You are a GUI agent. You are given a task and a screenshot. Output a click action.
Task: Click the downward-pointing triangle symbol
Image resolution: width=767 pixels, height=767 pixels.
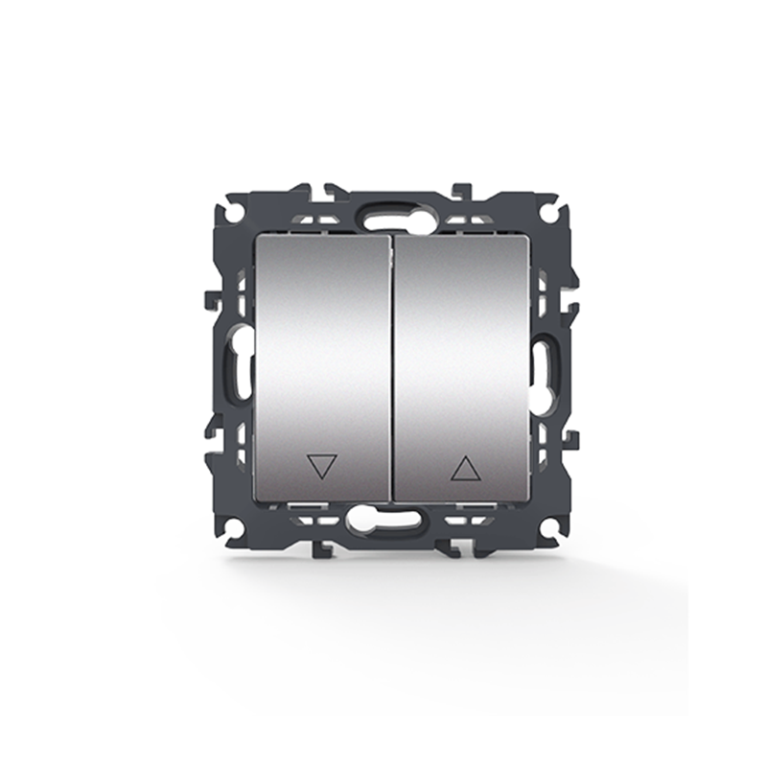[321, 467]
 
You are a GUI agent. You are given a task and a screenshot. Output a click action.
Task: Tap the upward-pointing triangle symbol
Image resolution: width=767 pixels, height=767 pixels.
[465, 468]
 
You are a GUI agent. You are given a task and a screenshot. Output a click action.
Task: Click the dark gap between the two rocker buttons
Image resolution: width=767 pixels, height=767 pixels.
[392, 369]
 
